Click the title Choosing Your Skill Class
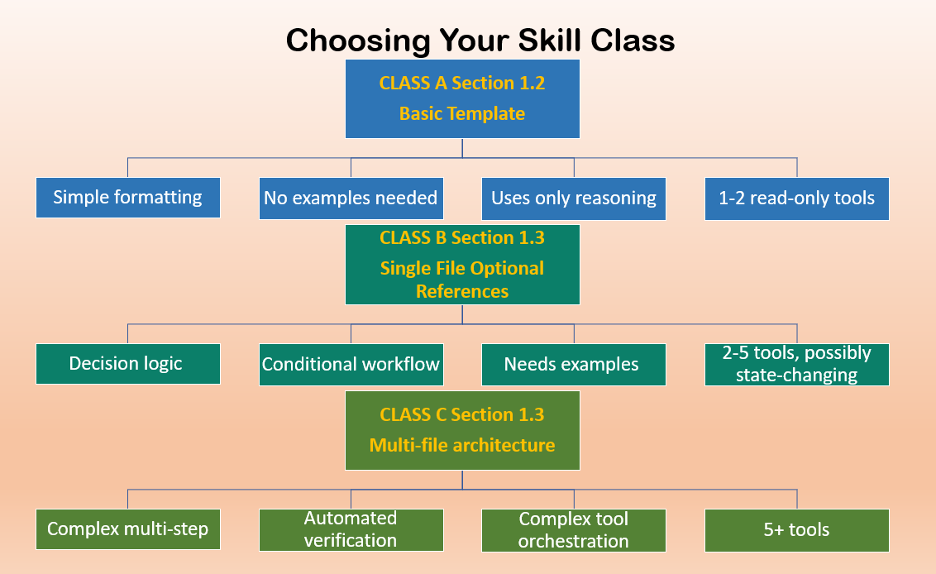480,41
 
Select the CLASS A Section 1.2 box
462,98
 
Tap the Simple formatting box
128,198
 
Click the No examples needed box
351,199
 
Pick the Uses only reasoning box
574,199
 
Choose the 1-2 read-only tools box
797,199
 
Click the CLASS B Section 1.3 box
462,265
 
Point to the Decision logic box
128,364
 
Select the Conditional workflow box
351,365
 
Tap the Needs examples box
574,365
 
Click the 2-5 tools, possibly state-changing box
797,365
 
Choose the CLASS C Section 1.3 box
462,430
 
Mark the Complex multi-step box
128,529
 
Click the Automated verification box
351,529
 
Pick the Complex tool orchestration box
574,530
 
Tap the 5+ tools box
797,530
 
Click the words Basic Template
462,114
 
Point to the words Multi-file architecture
462,446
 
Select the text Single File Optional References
462,280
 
